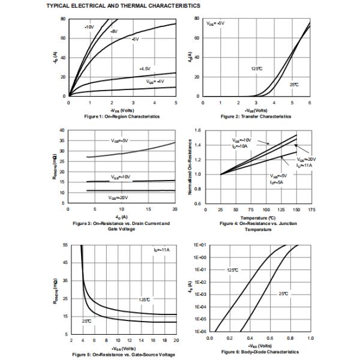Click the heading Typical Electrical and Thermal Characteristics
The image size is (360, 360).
tap(123, 5)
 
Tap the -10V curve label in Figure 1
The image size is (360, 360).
tap(89, 27)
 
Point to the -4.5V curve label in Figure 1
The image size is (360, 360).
tap(145, 68)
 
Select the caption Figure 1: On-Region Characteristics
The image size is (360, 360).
tap(122, 116)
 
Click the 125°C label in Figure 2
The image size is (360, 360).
tap(257, 68)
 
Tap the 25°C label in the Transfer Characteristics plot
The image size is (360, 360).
tap(294, 85)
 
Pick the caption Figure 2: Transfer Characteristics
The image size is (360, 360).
tap(257, 116)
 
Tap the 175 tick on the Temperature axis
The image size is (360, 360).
tap(311, 209)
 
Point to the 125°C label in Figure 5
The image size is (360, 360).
tap(145, 299)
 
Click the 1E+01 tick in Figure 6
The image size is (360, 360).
tap(200, 245)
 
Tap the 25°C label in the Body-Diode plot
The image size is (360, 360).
tap(283, 293)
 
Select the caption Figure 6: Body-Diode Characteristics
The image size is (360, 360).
tap(259, 352)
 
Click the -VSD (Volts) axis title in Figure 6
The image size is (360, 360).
tap(259, 346)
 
